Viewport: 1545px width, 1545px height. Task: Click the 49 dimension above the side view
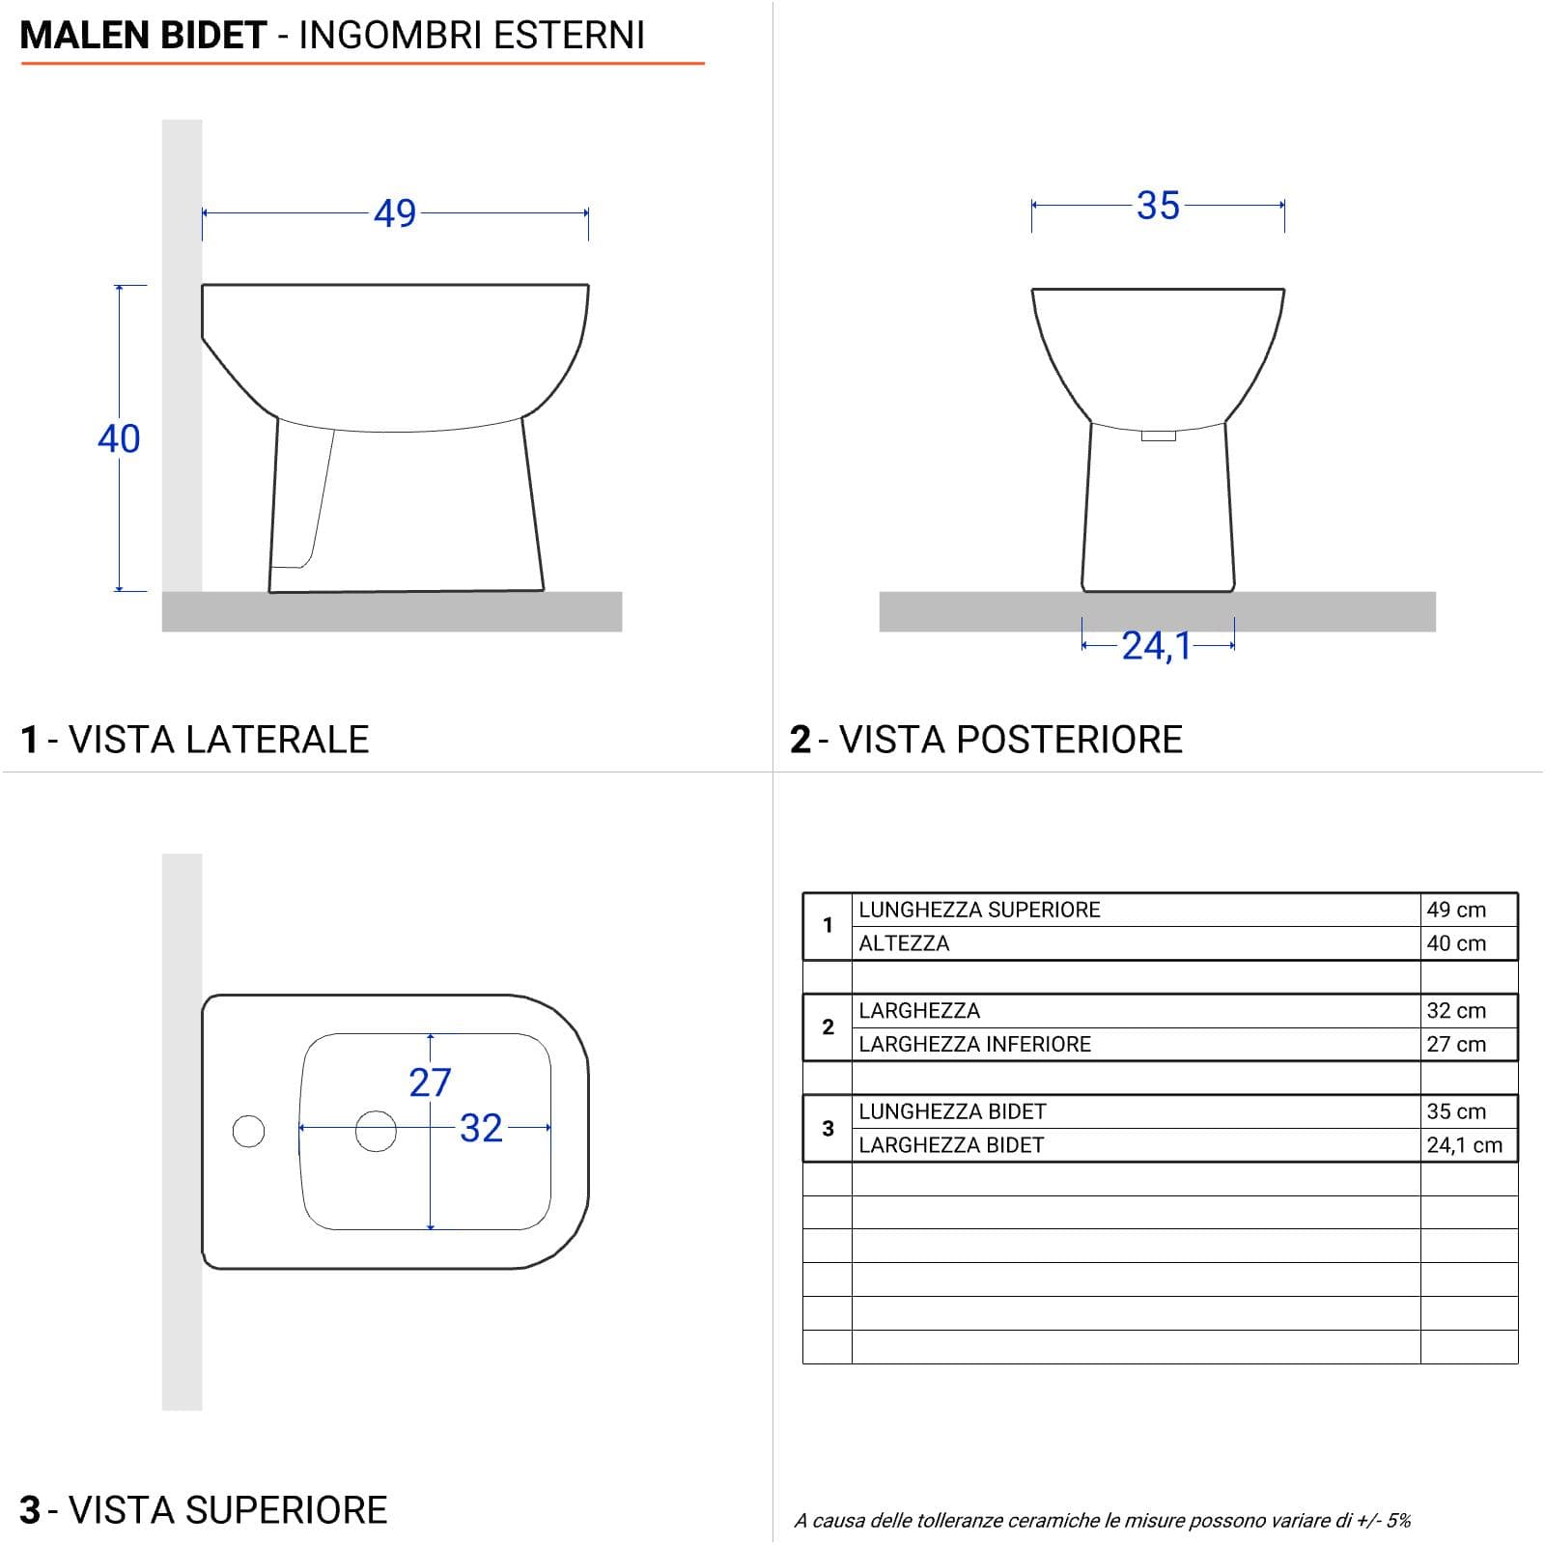395,213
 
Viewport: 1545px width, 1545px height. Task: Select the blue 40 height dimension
119,438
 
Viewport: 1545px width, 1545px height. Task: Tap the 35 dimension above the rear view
1158,206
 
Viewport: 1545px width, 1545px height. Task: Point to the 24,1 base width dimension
1156,646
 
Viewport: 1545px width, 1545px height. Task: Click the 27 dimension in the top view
430,1082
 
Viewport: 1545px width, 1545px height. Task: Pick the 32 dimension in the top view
481,1128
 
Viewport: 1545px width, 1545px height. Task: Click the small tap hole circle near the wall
248,1131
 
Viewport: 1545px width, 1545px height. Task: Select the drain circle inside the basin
376,1131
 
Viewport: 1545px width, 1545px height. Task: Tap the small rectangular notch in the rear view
1159,435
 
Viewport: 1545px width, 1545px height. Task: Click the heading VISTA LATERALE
219,740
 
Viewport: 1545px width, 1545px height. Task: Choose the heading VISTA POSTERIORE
1011,740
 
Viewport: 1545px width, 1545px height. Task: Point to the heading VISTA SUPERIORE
228,1510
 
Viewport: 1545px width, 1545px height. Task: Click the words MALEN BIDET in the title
143,36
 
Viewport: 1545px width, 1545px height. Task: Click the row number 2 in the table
828,1026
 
